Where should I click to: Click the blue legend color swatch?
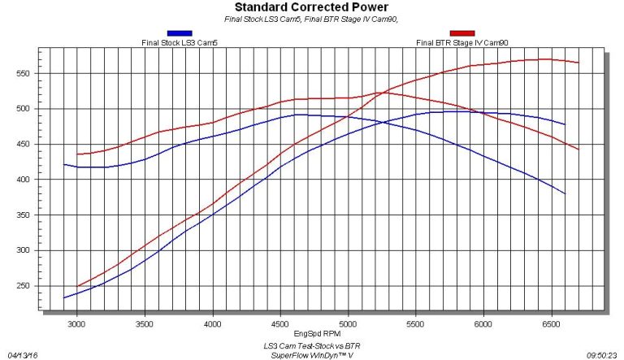pos(179,33)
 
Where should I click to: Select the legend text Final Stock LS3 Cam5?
pos(180,42)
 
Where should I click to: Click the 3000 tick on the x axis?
pos(77,321)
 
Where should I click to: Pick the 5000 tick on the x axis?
pos(349,321)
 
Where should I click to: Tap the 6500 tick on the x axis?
pos(552,321)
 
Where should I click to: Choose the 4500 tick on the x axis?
pos(280,321)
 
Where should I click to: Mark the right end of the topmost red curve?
pos(578,63)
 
